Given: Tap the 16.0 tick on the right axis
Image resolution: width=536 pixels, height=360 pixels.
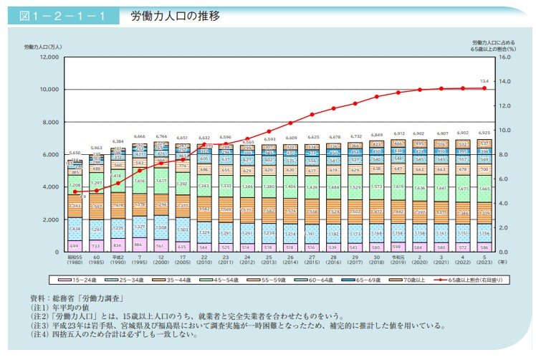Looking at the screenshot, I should (x=504, y=57).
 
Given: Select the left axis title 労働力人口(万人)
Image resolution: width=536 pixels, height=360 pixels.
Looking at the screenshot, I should (x=45, y=46).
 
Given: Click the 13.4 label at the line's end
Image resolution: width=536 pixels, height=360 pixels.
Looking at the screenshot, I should (x=485, y=81).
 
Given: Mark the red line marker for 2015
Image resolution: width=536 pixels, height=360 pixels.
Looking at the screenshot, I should (x=312, y=114).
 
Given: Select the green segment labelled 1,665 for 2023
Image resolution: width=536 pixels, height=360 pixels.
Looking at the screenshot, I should (x=485, y=189).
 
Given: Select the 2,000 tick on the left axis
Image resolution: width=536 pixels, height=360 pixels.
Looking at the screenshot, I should (x=50, y=219).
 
